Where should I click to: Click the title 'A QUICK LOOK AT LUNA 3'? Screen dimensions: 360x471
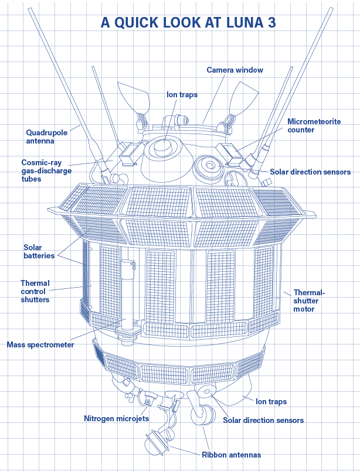(188, 22)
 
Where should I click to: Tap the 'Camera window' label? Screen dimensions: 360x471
(235, 70)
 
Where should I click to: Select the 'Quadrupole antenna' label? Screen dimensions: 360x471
(47, 136)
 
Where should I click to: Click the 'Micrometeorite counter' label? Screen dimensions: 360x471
(314, 125)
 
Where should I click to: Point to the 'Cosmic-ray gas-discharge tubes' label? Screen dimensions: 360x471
(46, 170)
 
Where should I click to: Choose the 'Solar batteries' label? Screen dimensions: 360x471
(39, 251)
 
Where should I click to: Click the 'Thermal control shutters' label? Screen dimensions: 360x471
(35, 291)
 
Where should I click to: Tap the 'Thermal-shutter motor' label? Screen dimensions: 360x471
(310, 301)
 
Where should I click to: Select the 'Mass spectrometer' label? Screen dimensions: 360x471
(40, 344)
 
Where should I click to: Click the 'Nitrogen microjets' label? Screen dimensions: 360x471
(117, 418)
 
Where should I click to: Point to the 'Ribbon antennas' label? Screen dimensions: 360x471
(231, 455)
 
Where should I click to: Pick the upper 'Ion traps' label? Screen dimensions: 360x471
(182, 95)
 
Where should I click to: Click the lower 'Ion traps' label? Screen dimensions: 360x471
(271, 402)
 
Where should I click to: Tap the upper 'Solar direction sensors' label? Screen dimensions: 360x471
(310, 172)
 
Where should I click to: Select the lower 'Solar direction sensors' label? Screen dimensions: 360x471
(263, 420)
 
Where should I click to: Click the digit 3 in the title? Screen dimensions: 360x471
(271, 22)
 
